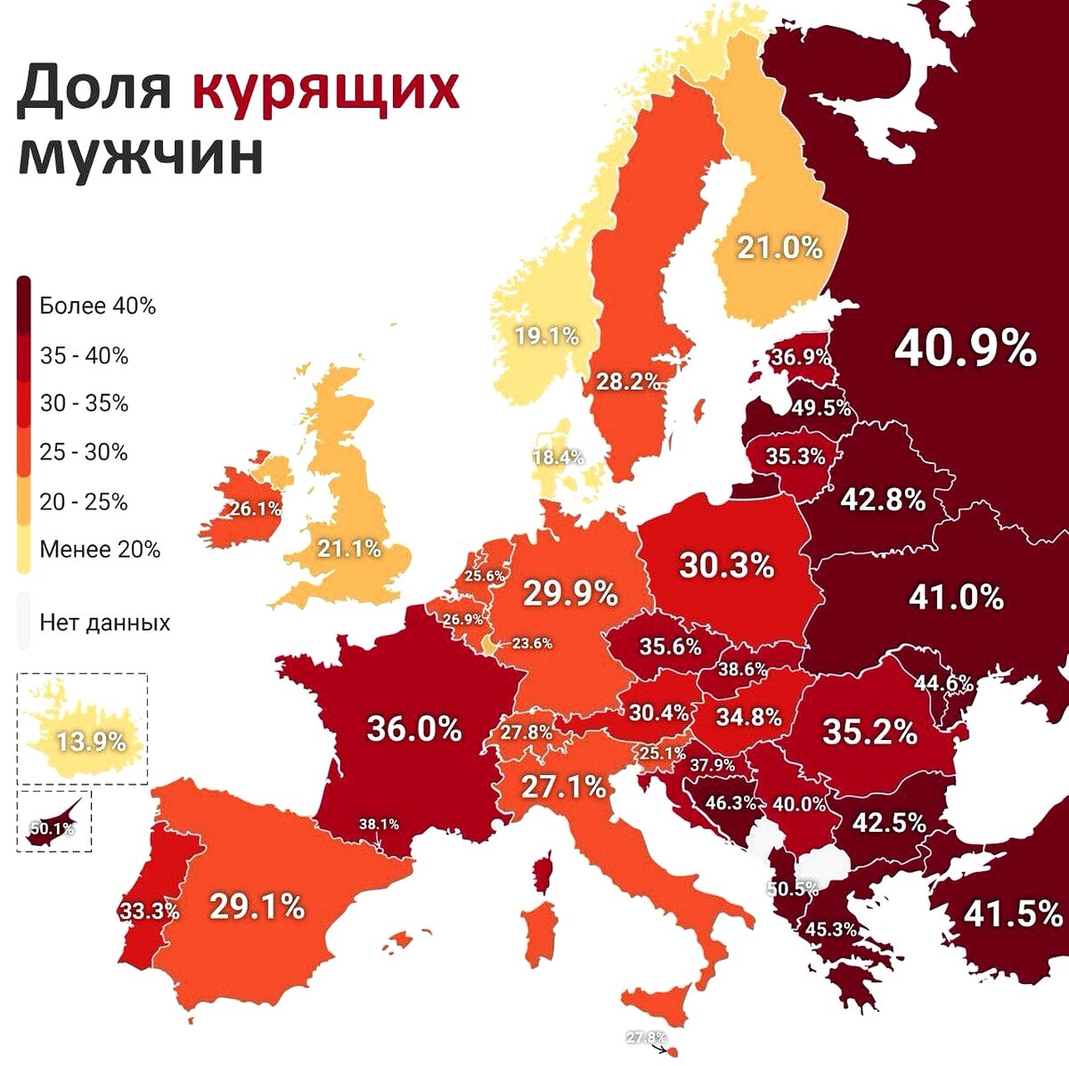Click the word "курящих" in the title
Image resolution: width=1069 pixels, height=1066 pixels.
tap(325, 90)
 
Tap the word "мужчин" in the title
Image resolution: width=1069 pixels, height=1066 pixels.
tap(141, 154)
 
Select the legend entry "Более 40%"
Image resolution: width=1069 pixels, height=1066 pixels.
tap(97, 306)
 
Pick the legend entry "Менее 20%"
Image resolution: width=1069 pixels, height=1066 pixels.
tap(100, 549)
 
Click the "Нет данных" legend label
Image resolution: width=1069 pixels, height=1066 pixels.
tap(104, 622)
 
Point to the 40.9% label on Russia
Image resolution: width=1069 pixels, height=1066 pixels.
tap(965, 348)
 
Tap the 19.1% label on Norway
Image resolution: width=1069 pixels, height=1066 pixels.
tap(547, 337)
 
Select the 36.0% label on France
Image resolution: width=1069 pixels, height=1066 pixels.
tap(414, 728)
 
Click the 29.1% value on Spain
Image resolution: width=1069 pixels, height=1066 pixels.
tap(257, 906)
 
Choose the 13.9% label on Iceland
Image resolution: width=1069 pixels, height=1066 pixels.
tap(91, 741)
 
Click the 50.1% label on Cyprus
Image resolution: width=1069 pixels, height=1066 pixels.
tap(52, 828)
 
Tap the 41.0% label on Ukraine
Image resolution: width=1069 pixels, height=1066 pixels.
tap(956, 597)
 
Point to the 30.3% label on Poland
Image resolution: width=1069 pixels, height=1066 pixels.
tap(726, 565)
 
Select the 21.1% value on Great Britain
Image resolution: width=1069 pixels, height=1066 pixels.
tap(349, 549)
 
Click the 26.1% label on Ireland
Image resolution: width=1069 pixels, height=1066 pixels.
tap(255, 509)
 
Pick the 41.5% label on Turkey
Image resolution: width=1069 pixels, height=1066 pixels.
tap(1013, 913)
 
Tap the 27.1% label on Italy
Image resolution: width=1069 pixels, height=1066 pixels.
tap(563, 787)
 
